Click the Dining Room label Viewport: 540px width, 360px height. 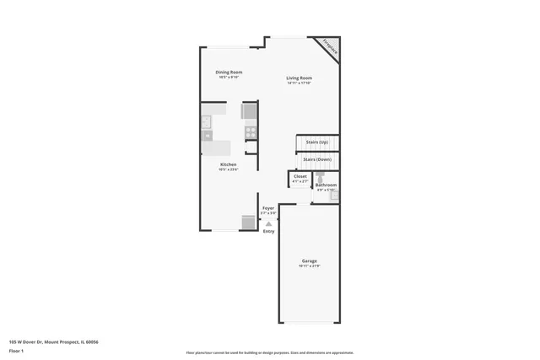tap(229, 72)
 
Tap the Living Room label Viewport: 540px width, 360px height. tap(300, 78)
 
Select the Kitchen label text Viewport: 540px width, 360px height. tap(229, 164)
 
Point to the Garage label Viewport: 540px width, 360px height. tap(309, 261)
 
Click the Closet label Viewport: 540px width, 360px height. tap(300, 176)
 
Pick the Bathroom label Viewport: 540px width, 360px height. tap(327, 185)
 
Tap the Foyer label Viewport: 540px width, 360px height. tap(268, 207)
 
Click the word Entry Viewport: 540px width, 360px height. tap(268, 231)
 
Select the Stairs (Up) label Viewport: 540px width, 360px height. tap(317, 142)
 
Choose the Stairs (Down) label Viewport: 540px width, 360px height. tap(317, 159)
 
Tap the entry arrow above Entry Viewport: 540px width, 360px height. tap(268, 223)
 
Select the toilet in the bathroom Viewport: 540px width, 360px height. tap(321, 177)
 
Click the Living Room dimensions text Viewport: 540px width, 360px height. tap(300, 83)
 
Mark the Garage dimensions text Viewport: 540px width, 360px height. tap(309, 266)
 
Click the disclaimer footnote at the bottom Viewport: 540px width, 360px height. tap(270, 352)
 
